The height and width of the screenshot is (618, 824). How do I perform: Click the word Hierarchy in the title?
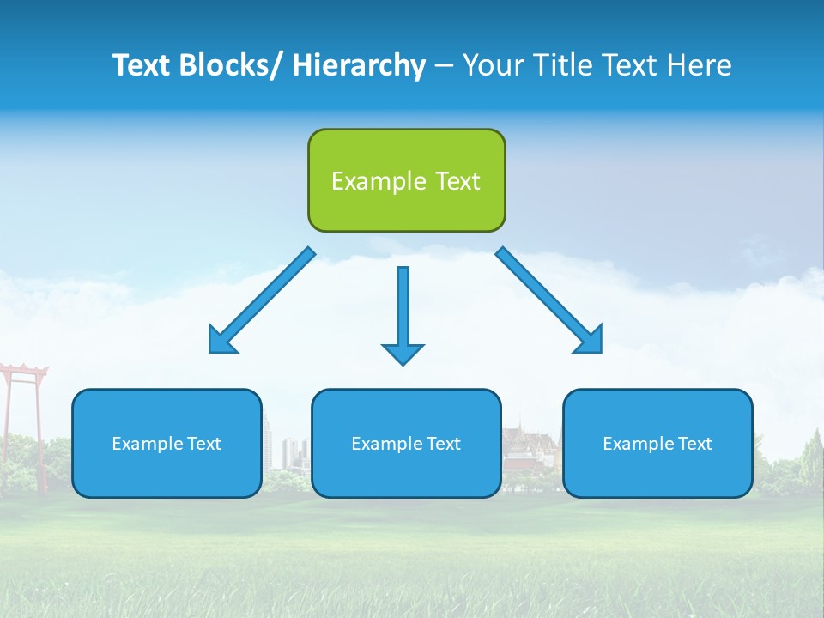tap(359, 65)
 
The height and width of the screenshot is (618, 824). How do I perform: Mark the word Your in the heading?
tap(490, 65)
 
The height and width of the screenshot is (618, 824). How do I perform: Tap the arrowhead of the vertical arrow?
tap(403, 354)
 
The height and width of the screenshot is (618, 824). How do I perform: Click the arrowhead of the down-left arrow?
tap(221, 342)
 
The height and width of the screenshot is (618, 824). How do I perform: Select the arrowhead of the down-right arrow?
tap(591, 341)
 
